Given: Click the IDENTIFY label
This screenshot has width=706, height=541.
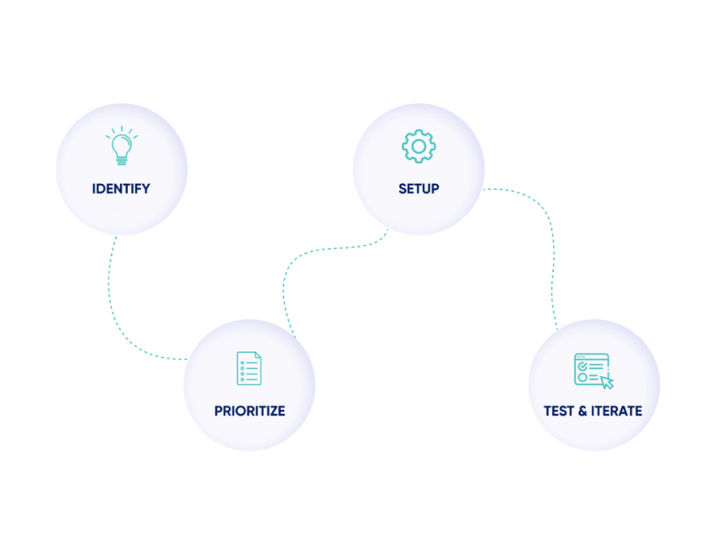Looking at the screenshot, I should [x=121, y=188].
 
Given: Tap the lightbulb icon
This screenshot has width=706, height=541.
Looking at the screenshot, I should [x=121, y=146].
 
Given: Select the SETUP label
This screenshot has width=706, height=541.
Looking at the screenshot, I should [x=419, y=188].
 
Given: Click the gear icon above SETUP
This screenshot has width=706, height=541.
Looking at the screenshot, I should [x=419, y=146].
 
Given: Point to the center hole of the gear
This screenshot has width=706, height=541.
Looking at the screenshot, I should [x=419, y=146].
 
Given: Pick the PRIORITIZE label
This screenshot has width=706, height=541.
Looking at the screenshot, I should [x=249, y=411].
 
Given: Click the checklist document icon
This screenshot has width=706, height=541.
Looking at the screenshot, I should [x=249, y=368].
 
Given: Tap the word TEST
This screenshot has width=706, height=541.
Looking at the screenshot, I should [x=560, y=411].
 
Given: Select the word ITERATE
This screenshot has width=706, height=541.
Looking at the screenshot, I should [x=615, y=411].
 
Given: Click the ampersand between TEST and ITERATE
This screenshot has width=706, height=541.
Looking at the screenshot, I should [x=582, y=411].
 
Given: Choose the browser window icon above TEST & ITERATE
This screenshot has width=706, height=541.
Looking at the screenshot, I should [x=591, y=368].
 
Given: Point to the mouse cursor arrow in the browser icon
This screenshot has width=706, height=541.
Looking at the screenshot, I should [x=607, y=381].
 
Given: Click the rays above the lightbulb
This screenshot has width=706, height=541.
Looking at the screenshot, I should [x=121, y=130].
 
